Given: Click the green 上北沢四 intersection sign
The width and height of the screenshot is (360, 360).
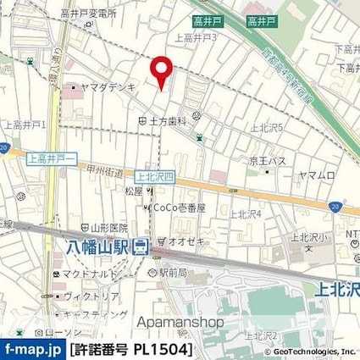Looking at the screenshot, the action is click(x=153, y=177).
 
